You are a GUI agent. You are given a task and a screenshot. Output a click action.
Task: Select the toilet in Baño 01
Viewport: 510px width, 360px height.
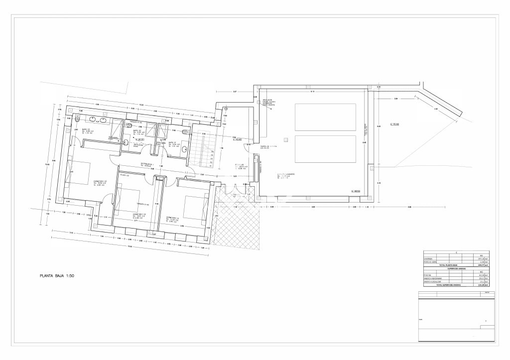[185, 132]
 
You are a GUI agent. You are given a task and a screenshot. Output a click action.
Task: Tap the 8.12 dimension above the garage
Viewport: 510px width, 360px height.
[312, 93]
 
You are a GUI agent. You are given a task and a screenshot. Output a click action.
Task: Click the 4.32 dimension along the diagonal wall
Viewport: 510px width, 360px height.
[435, 109]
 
